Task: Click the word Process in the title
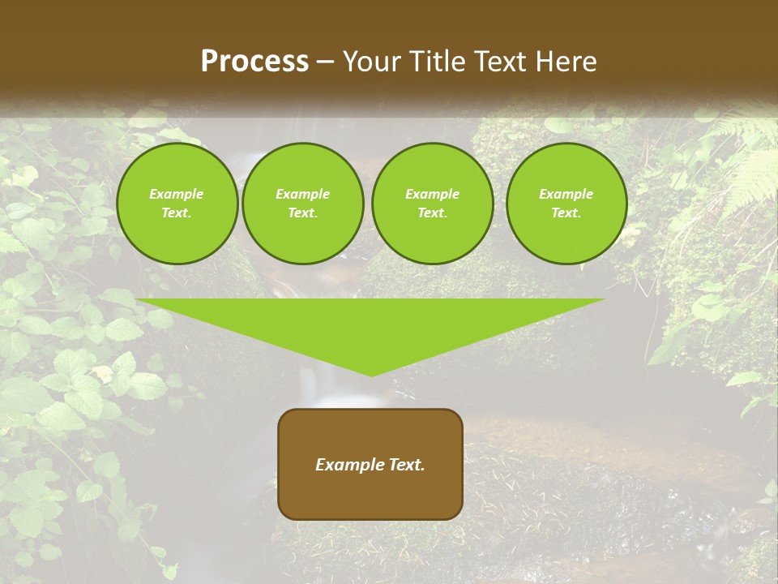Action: click(254, 62)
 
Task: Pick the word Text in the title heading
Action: click(502, 62)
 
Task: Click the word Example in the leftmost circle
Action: click(177, 194)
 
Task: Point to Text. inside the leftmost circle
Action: click(177, 213)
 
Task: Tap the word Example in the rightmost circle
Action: click(566, 194)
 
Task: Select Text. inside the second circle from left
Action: click(302, 213)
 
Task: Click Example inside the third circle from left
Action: click(432, 194)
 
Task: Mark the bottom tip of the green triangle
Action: click(371, 375)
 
